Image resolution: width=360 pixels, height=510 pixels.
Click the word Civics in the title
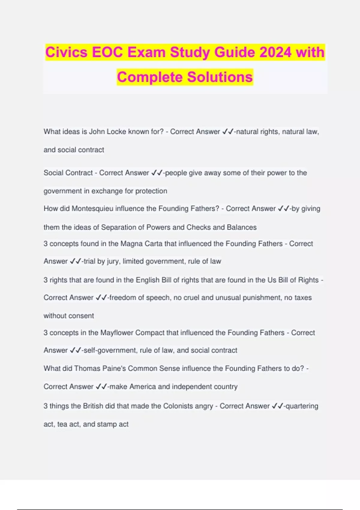point(66,52)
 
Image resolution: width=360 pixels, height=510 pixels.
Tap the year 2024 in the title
point(275,52)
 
